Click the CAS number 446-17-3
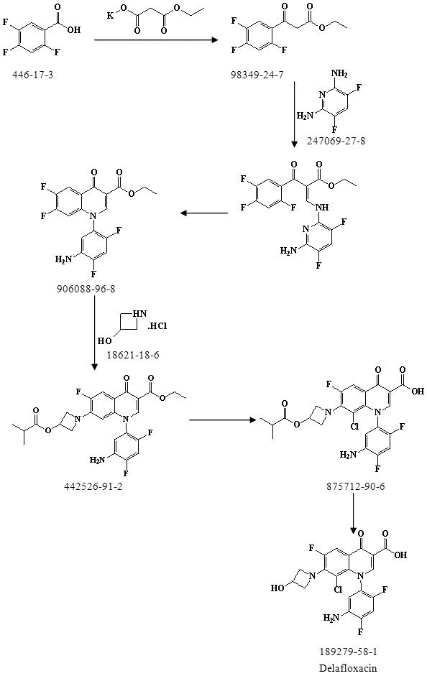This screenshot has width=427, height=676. [33, 75]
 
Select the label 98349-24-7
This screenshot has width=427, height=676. [257, 75]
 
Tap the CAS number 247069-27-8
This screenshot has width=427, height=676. [336, 141]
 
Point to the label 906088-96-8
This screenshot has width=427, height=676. [86, 288]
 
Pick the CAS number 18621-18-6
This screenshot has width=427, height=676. [133, 354]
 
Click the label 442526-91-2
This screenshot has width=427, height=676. [93, 487]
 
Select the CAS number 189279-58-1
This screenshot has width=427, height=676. [348, 652]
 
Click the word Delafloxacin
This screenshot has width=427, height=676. [348, 668]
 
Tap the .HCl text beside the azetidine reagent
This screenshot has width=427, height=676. [157, 326]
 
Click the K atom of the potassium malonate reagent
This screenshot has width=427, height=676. [110, 16]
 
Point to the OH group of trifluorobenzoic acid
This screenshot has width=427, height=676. [74, 29]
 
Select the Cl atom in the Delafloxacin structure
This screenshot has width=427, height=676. [338, 589]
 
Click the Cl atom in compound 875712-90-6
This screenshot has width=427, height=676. [354, 427]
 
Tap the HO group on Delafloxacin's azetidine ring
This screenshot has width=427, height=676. [277, 588]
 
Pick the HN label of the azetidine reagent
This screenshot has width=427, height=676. [139, 313]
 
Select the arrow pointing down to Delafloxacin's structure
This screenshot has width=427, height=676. [354, 513]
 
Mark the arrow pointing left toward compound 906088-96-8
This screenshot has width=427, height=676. [204, 213]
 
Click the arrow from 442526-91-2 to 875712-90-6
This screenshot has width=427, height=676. [223, 420]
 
